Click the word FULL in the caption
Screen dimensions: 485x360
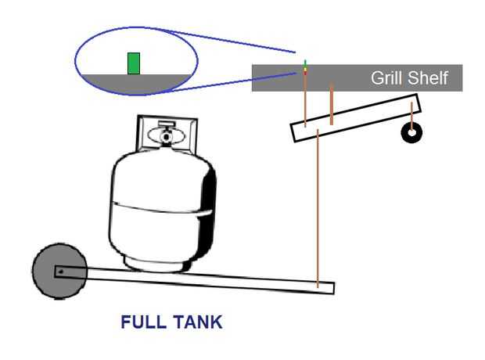(143, 322)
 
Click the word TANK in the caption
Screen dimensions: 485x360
(197, 322)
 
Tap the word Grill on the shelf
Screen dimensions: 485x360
(387, 77)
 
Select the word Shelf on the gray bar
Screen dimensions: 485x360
(428, 77)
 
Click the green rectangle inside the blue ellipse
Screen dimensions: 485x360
(134, 63)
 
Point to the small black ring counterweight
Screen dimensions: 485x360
(411, 133)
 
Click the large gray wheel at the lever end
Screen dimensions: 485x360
(59, 271)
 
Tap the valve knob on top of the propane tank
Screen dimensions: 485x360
(167, 135)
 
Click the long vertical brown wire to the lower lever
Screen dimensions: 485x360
(318, 208)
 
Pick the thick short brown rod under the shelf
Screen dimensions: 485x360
(331, 104)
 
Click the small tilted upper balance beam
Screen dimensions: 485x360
(356, 118)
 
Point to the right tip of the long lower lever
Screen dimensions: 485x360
(334, 288)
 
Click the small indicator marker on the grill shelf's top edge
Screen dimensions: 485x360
(305, 67)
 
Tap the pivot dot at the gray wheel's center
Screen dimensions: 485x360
(61, 272)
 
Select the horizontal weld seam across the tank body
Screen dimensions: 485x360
(162, 208)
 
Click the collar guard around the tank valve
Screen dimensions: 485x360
(167, 133)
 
